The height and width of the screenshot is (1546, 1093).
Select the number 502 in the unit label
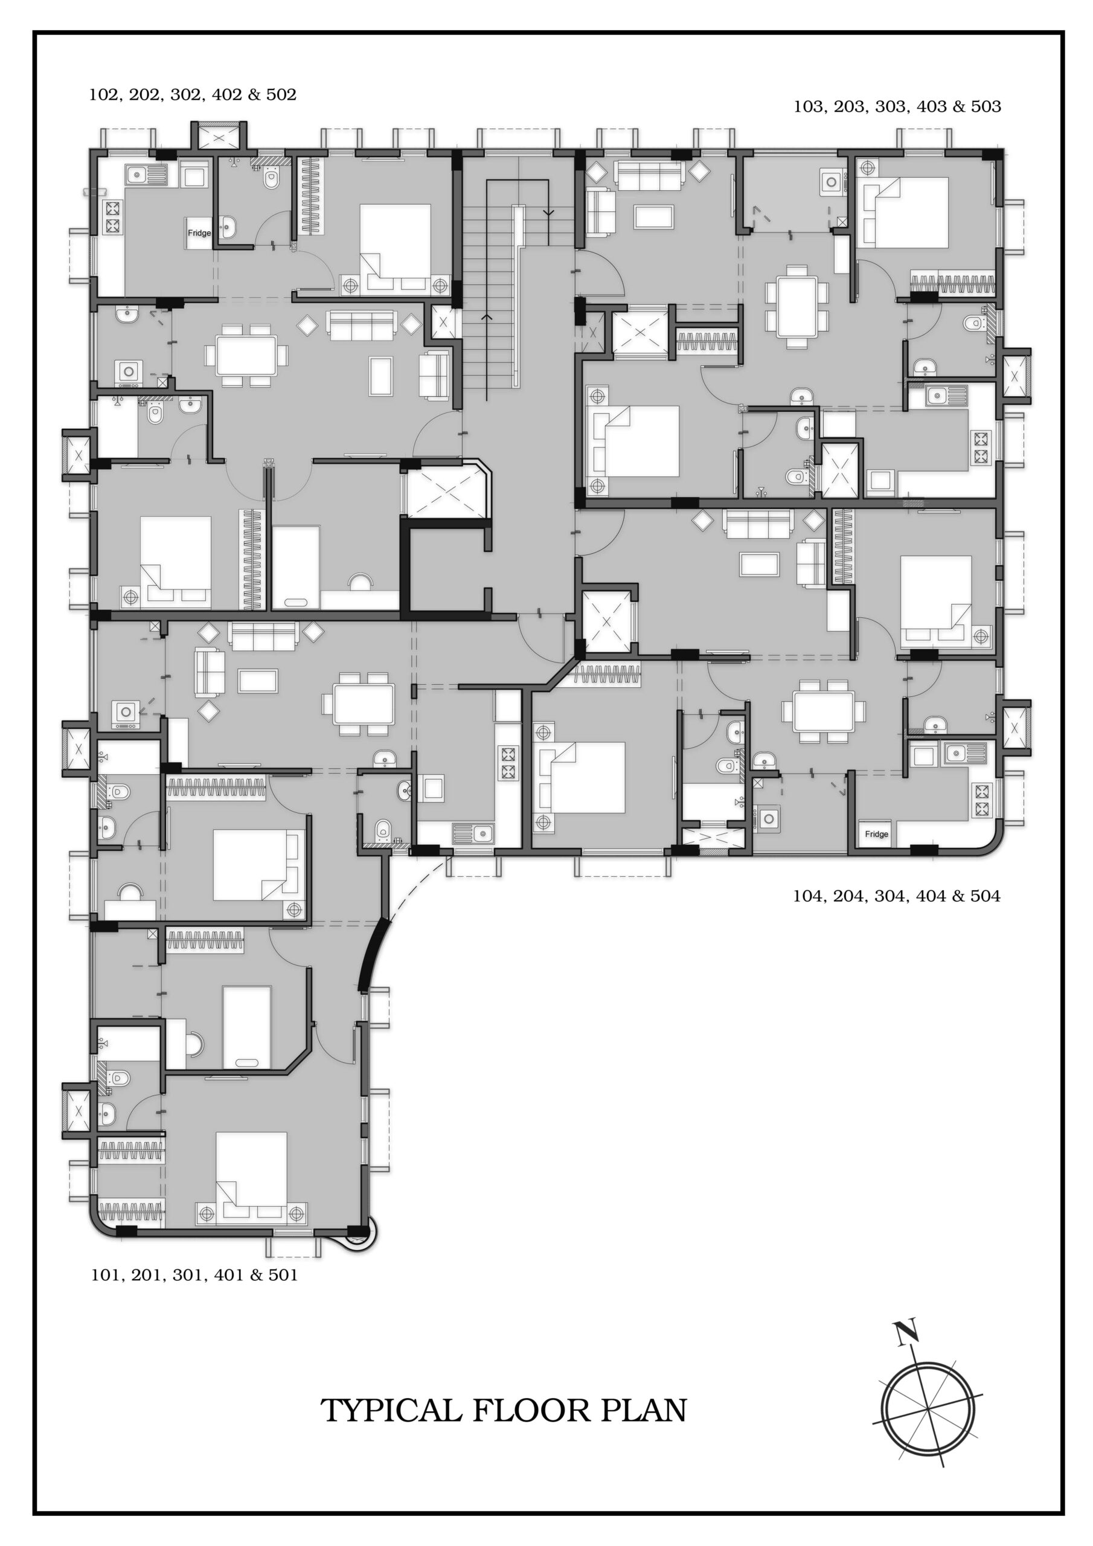click(281, 94)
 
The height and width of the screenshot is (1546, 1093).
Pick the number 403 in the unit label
click(931, 106)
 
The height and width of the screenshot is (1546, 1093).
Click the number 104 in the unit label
click(808, 896)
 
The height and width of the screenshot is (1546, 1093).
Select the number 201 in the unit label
click(147, 1275)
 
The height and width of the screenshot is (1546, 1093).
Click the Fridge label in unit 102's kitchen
click(199, 233)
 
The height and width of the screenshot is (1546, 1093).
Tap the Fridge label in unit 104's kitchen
click(876, 834)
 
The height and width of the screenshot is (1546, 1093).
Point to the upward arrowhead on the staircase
click(486, 316)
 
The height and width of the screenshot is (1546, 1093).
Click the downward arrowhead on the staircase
click(549, 213)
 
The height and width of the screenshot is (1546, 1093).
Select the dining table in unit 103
click(796, 307)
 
